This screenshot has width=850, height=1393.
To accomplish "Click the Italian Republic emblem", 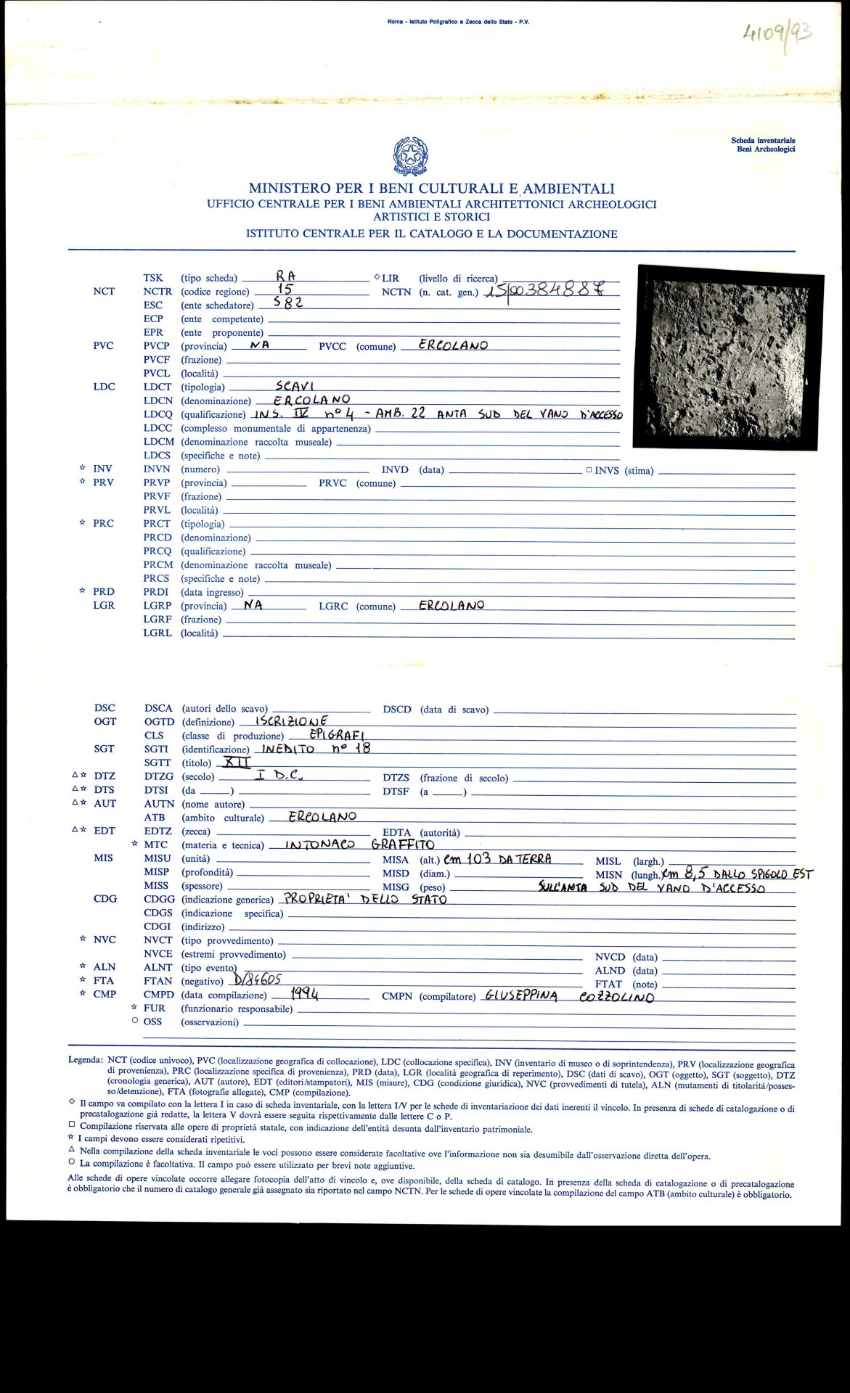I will [410, 156].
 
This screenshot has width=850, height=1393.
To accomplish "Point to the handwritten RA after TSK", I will [285, 276].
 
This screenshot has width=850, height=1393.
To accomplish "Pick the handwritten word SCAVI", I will [295, 386].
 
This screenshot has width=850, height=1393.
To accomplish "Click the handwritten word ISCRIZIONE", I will [292, 721].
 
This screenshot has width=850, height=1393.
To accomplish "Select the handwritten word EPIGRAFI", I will [341, 734].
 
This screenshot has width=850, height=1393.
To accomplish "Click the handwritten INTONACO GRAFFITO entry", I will [359, 845].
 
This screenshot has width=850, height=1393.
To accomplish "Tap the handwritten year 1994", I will [304, 993].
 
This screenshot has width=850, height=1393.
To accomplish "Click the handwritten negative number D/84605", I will [254, 979].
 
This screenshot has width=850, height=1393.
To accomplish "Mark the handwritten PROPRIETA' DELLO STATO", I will [365, 899].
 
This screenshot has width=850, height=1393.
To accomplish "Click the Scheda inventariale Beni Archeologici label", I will [763, 144].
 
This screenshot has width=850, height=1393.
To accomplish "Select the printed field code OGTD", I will [159, 722].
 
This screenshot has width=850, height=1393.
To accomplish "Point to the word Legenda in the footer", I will [85, 1060].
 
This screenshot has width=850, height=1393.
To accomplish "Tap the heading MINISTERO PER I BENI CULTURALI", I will [431, 189].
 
